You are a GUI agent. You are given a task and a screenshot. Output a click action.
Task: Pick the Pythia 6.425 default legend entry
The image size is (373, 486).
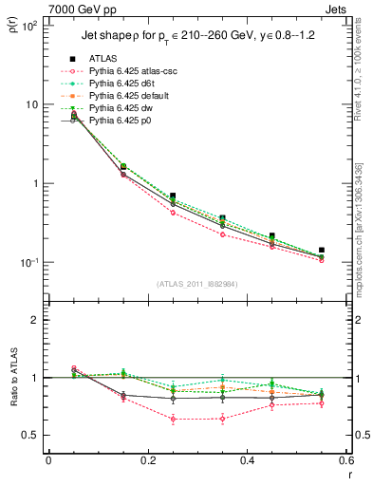pyautogui.click(x=129, y=97)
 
